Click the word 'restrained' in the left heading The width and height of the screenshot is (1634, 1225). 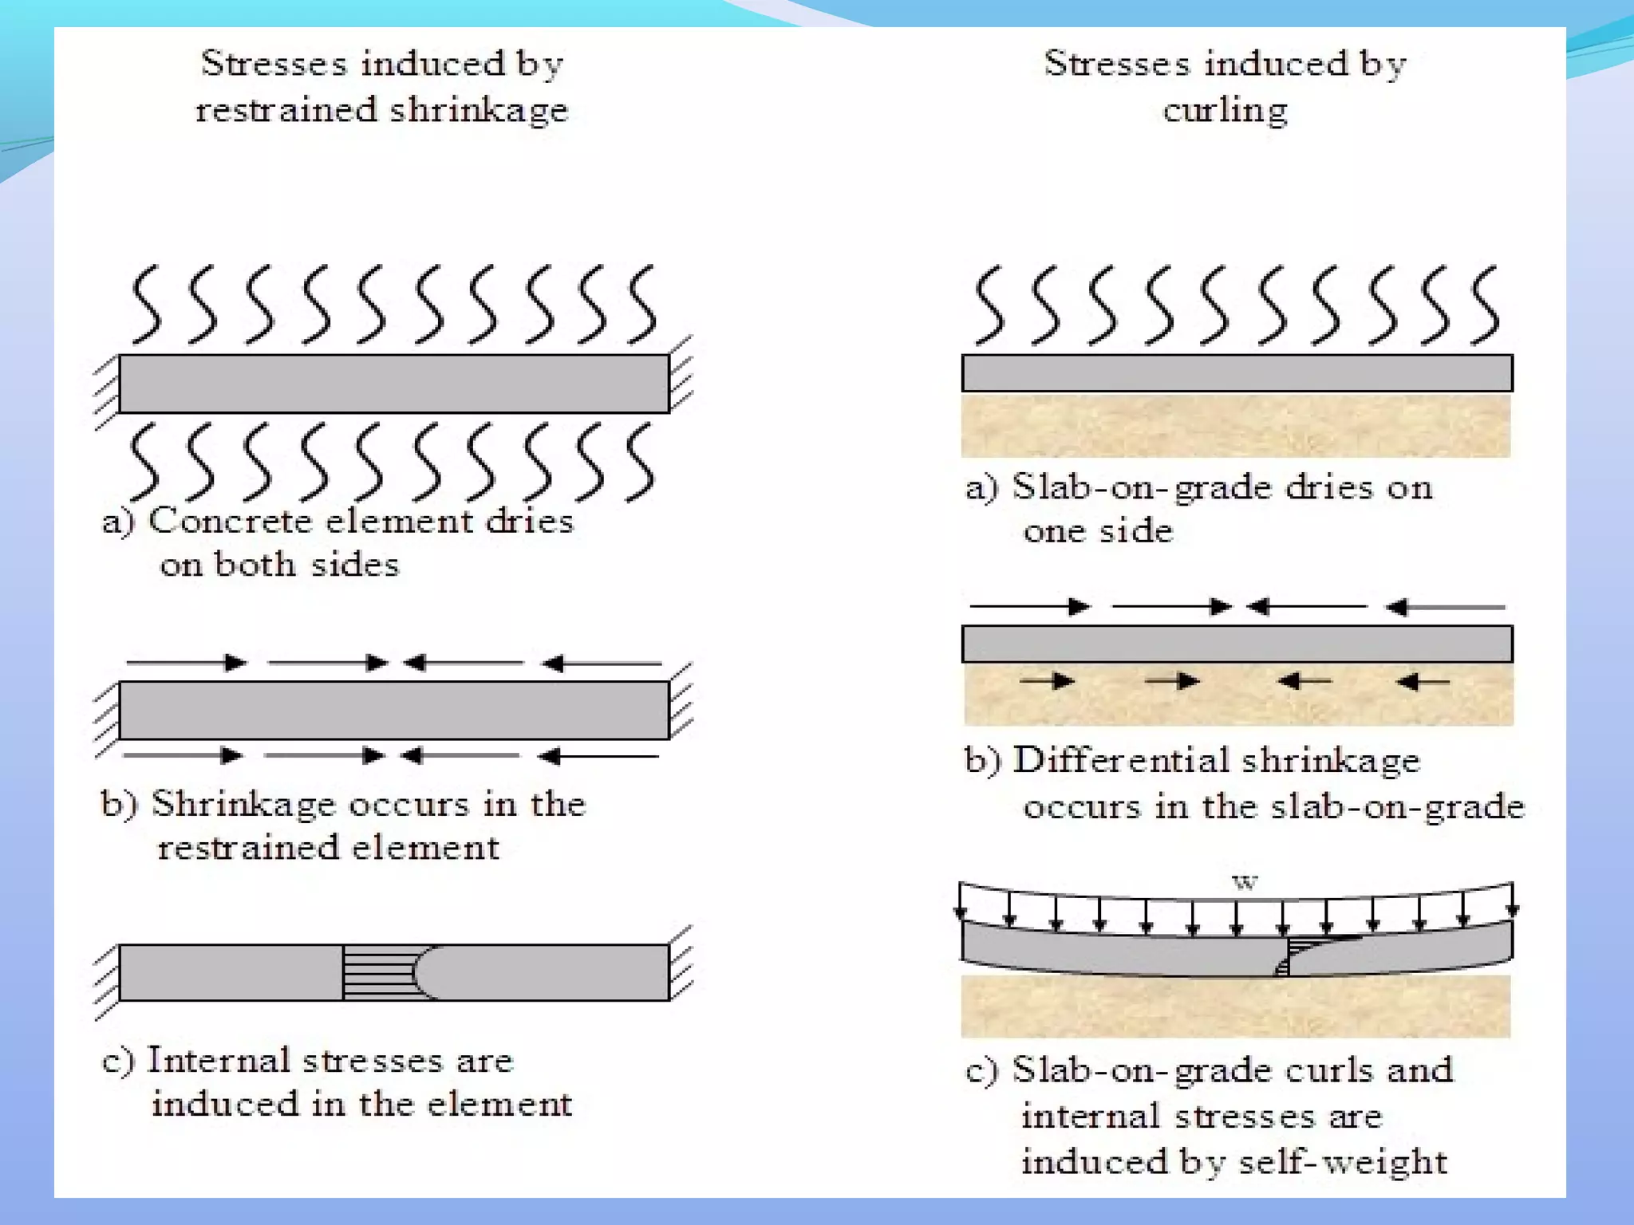(x=286, y=109)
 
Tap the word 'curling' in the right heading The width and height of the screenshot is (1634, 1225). (x=1225, y=110)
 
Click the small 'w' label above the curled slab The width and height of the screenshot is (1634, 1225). (x=1245, y=882)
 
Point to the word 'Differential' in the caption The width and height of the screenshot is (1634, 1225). (x=1121, y=760)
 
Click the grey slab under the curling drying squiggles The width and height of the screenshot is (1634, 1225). (x=1237, y=373)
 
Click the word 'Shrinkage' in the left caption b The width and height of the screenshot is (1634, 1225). (x=243, y=804)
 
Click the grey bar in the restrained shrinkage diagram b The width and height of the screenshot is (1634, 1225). (x=394, y=710)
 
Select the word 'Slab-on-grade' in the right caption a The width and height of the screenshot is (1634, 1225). (x=1142, y=487)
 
